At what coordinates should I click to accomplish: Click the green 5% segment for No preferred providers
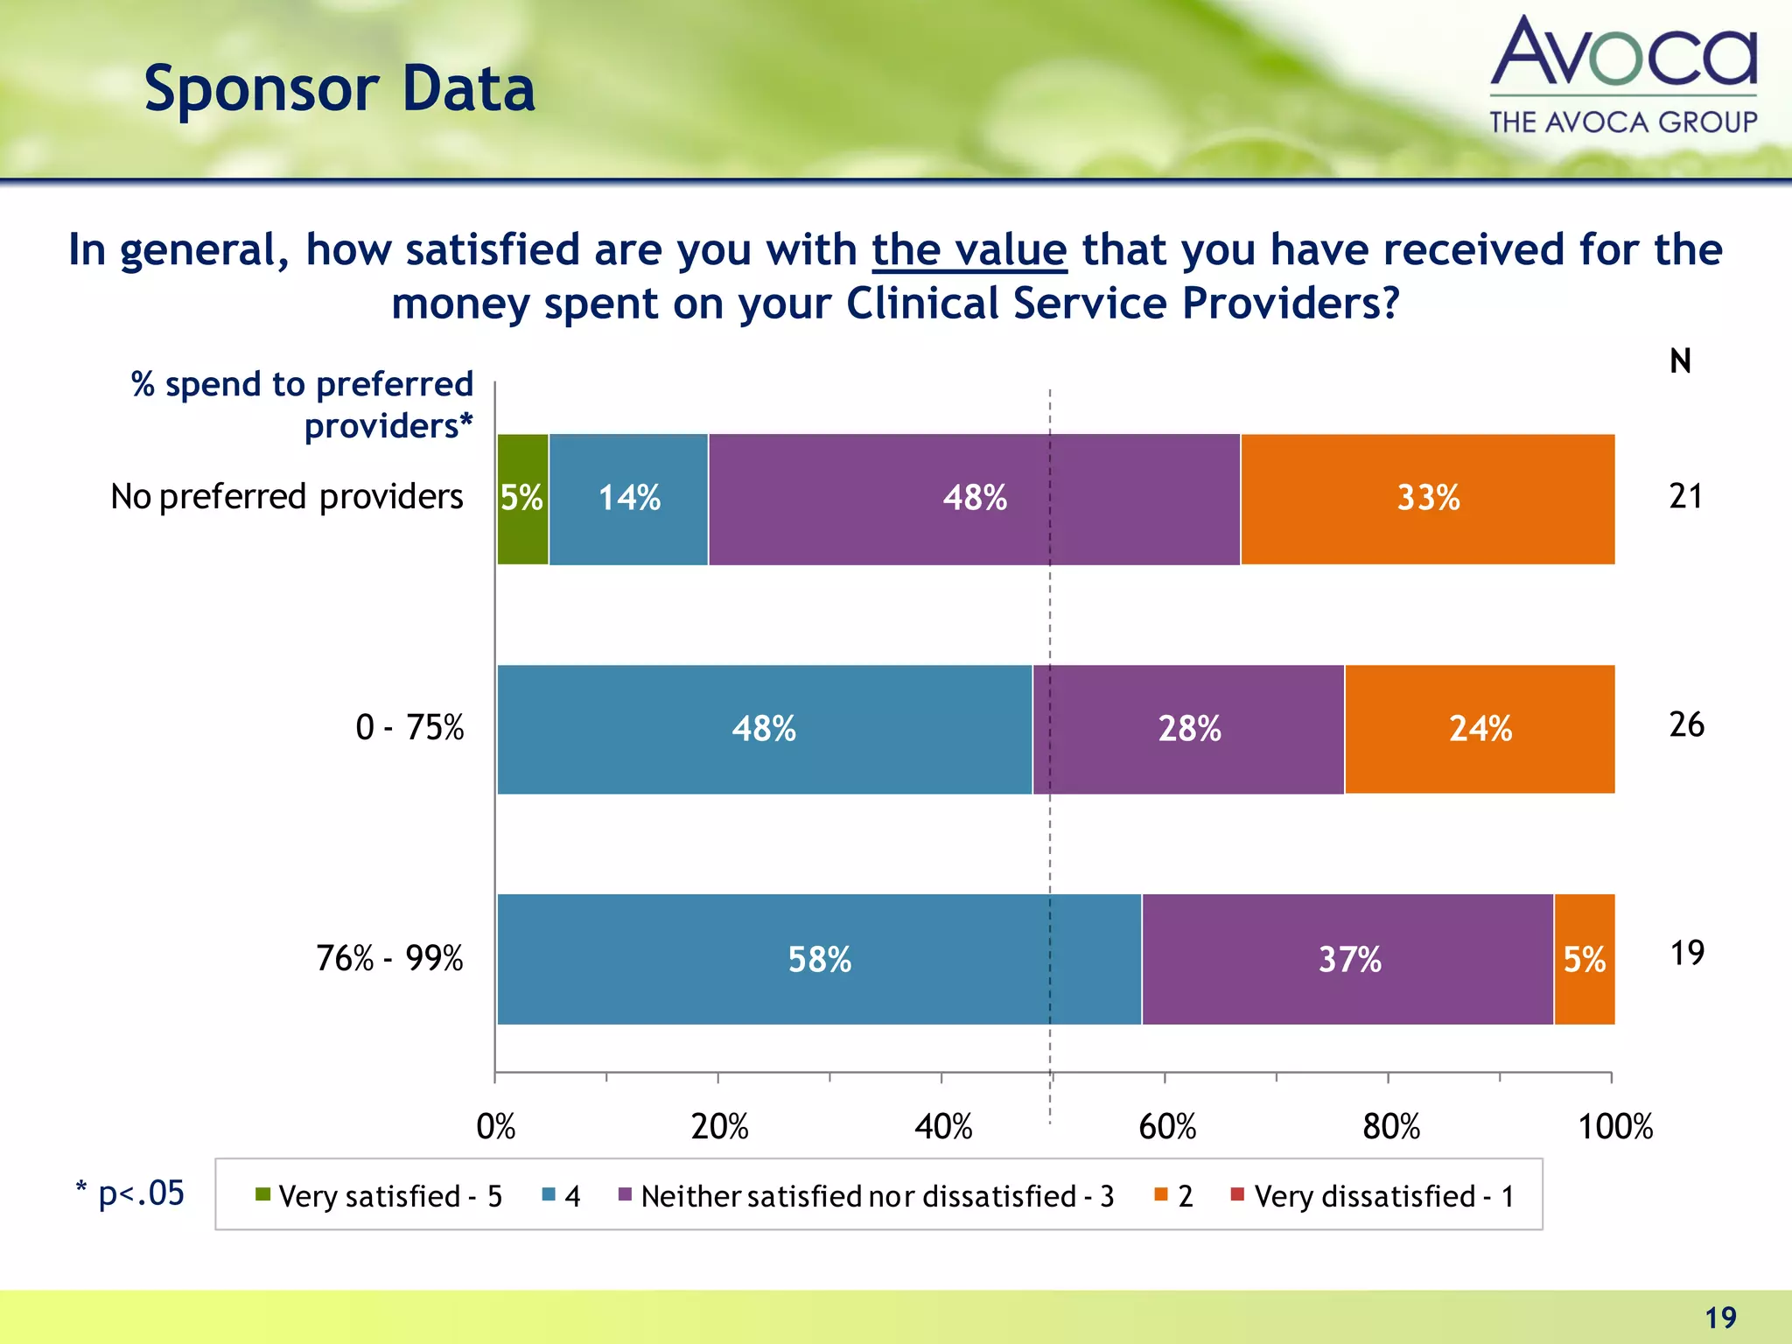(522, 499)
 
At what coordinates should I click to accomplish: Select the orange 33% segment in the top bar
(1427, 499)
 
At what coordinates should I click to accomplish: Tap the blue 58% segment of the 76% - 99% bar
(819, 959)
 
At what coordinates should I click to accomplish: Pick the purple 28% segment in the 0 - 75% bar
(1188, 729)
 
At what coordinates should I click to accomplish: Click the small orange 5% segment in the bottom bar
(1584, 959)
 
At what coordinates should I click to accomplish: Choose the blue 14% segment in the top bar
(628, 499)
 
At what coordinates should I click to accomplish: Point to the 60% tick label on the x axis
(1166, 1127)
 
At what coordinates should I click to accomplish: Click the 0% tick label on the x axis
(495, 1127)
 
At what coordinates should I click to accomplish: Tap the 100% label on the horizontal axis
(1614, 1127)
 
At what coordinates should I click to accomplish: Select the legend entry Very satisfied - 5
(379, 1196)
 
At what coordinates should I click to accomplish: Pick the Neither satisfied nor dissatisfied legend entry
(866, 1196)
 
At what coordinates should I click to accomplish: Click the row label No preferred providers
(286, 497)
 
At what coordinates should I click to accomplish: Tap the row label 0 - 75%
(409, 728)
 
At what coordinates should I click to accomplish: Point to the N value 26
(1686, 724)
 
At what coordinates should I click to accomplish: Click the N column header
(1680, 361)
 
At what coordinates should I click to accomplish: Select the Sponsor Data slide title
(339, 89)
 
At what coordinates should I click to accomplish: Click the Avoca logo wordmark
(1623, 54)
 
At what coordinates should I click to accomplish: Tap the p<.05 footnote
(131, 1193)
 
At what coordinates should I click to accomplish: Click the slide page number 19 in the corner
(1720, 1318)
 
